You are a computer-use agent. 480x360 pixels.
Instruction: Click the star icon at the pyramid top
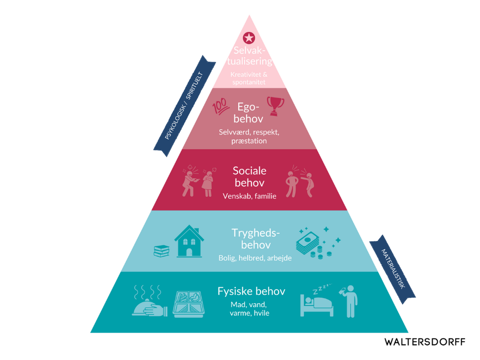(249, 37)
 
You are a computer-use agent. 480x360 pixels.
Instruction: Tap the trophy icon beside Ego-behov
(276, 106)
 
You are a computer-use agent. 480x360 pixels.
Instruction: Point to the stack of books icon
(161, 251)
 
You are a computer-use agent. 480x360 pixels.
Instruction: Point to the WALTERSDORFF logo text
(425, 342)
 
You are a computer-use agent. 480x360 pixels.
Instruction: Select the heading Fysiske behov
(251, 291)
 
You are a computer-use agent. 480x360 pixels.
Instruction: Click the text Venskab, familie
(249, 196)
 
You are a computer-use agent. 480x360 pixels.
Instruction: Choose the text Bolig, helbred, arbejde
(255, 258)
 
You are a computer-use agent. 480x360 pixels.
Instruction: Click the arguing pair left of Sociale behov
(198, 180)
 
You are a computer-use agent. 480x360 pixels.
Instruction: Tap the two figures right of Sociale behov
(300, 181)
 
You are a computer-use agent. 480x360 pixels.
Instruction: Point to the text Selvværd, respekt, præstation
(249, 137)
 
